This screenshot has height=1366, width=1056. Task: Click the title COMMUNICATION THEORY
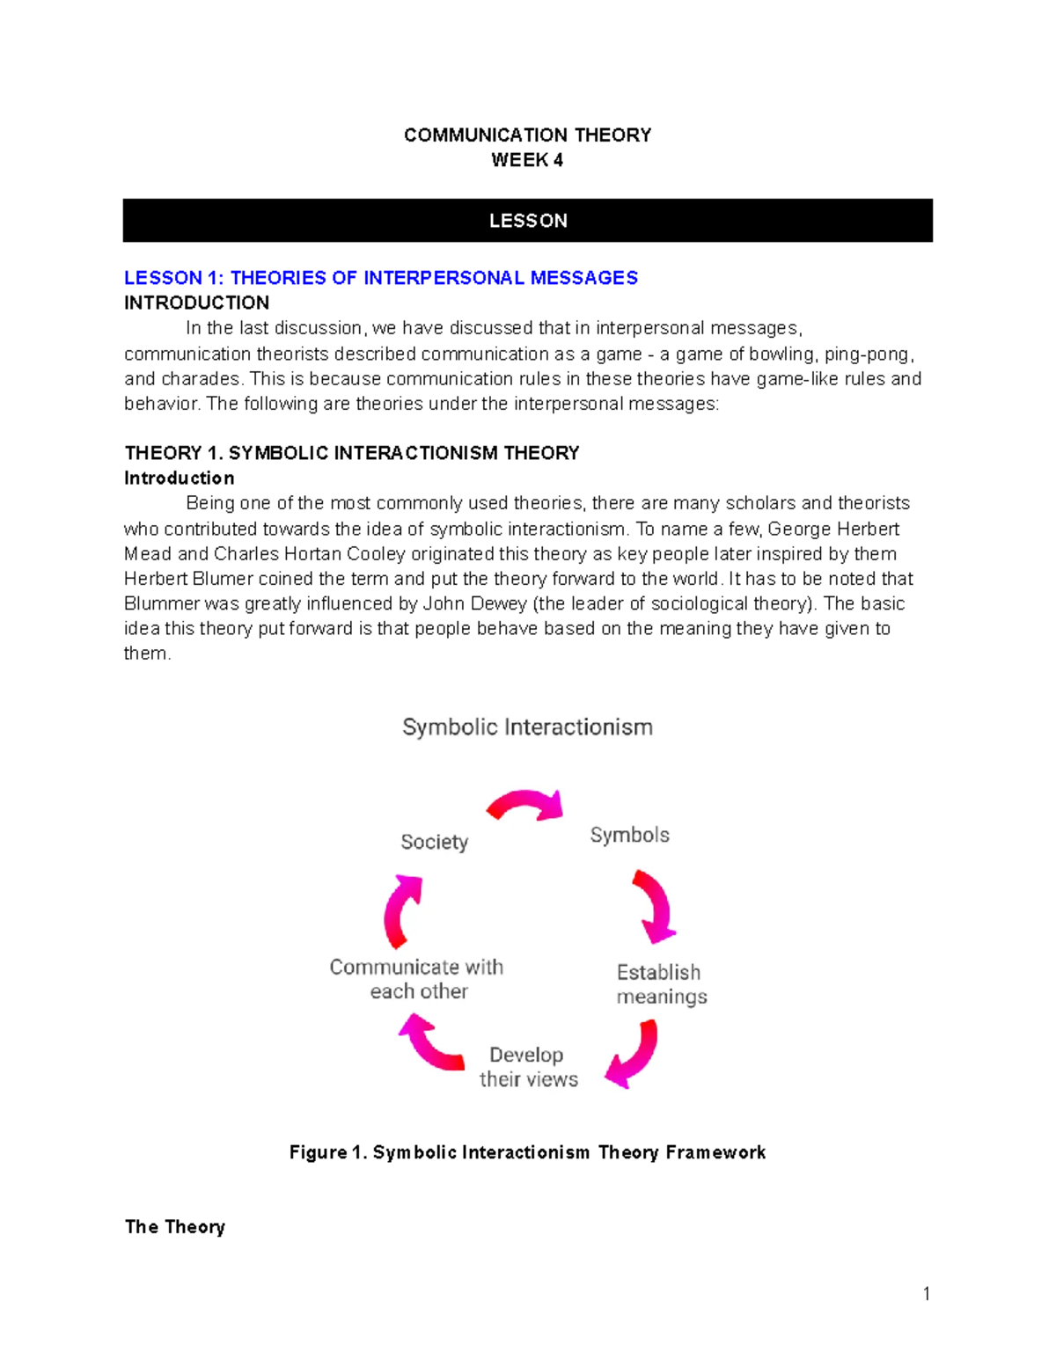click(527, 135)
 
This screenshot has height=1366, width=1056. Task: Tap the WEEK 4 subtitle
click(527, 160)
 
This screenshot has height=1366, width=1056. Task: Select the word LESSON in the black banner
click(528, 221)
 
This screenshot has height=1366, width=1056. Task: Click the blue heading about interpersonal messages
click(380, 278)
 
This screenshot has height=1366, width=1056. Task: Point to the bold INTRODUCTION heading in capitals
click(196, 303)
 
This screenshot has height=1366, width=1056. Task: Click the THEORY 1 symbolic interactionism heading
click(352, 453)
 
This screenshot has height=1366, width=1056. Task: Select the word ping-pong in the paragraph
click(868, 354)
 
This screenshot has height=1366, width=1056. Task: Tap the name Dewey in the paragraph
click(499, 603)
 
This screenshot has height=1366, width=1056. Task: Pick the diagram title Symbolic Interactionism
click(527, 727)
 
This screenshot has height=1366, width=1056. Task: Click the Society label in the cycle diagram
click(434, 842)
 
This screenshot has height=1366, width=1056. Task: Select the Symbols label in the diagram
click(629, 835)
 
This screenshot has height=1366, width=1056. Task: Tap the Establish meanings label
click(661, 984)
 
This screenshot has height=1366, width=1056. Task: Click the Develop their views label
click(528, 1067)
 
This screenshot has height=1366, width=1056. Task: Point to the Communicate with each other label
click(417, 979)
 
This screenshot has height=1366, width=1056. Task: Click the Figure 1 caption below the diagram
click(527, 1152)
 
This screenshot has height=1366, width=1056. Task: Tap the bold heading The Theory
click(175, 1227)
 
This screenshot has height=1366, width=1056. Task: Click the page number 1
click(926, 1293)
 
